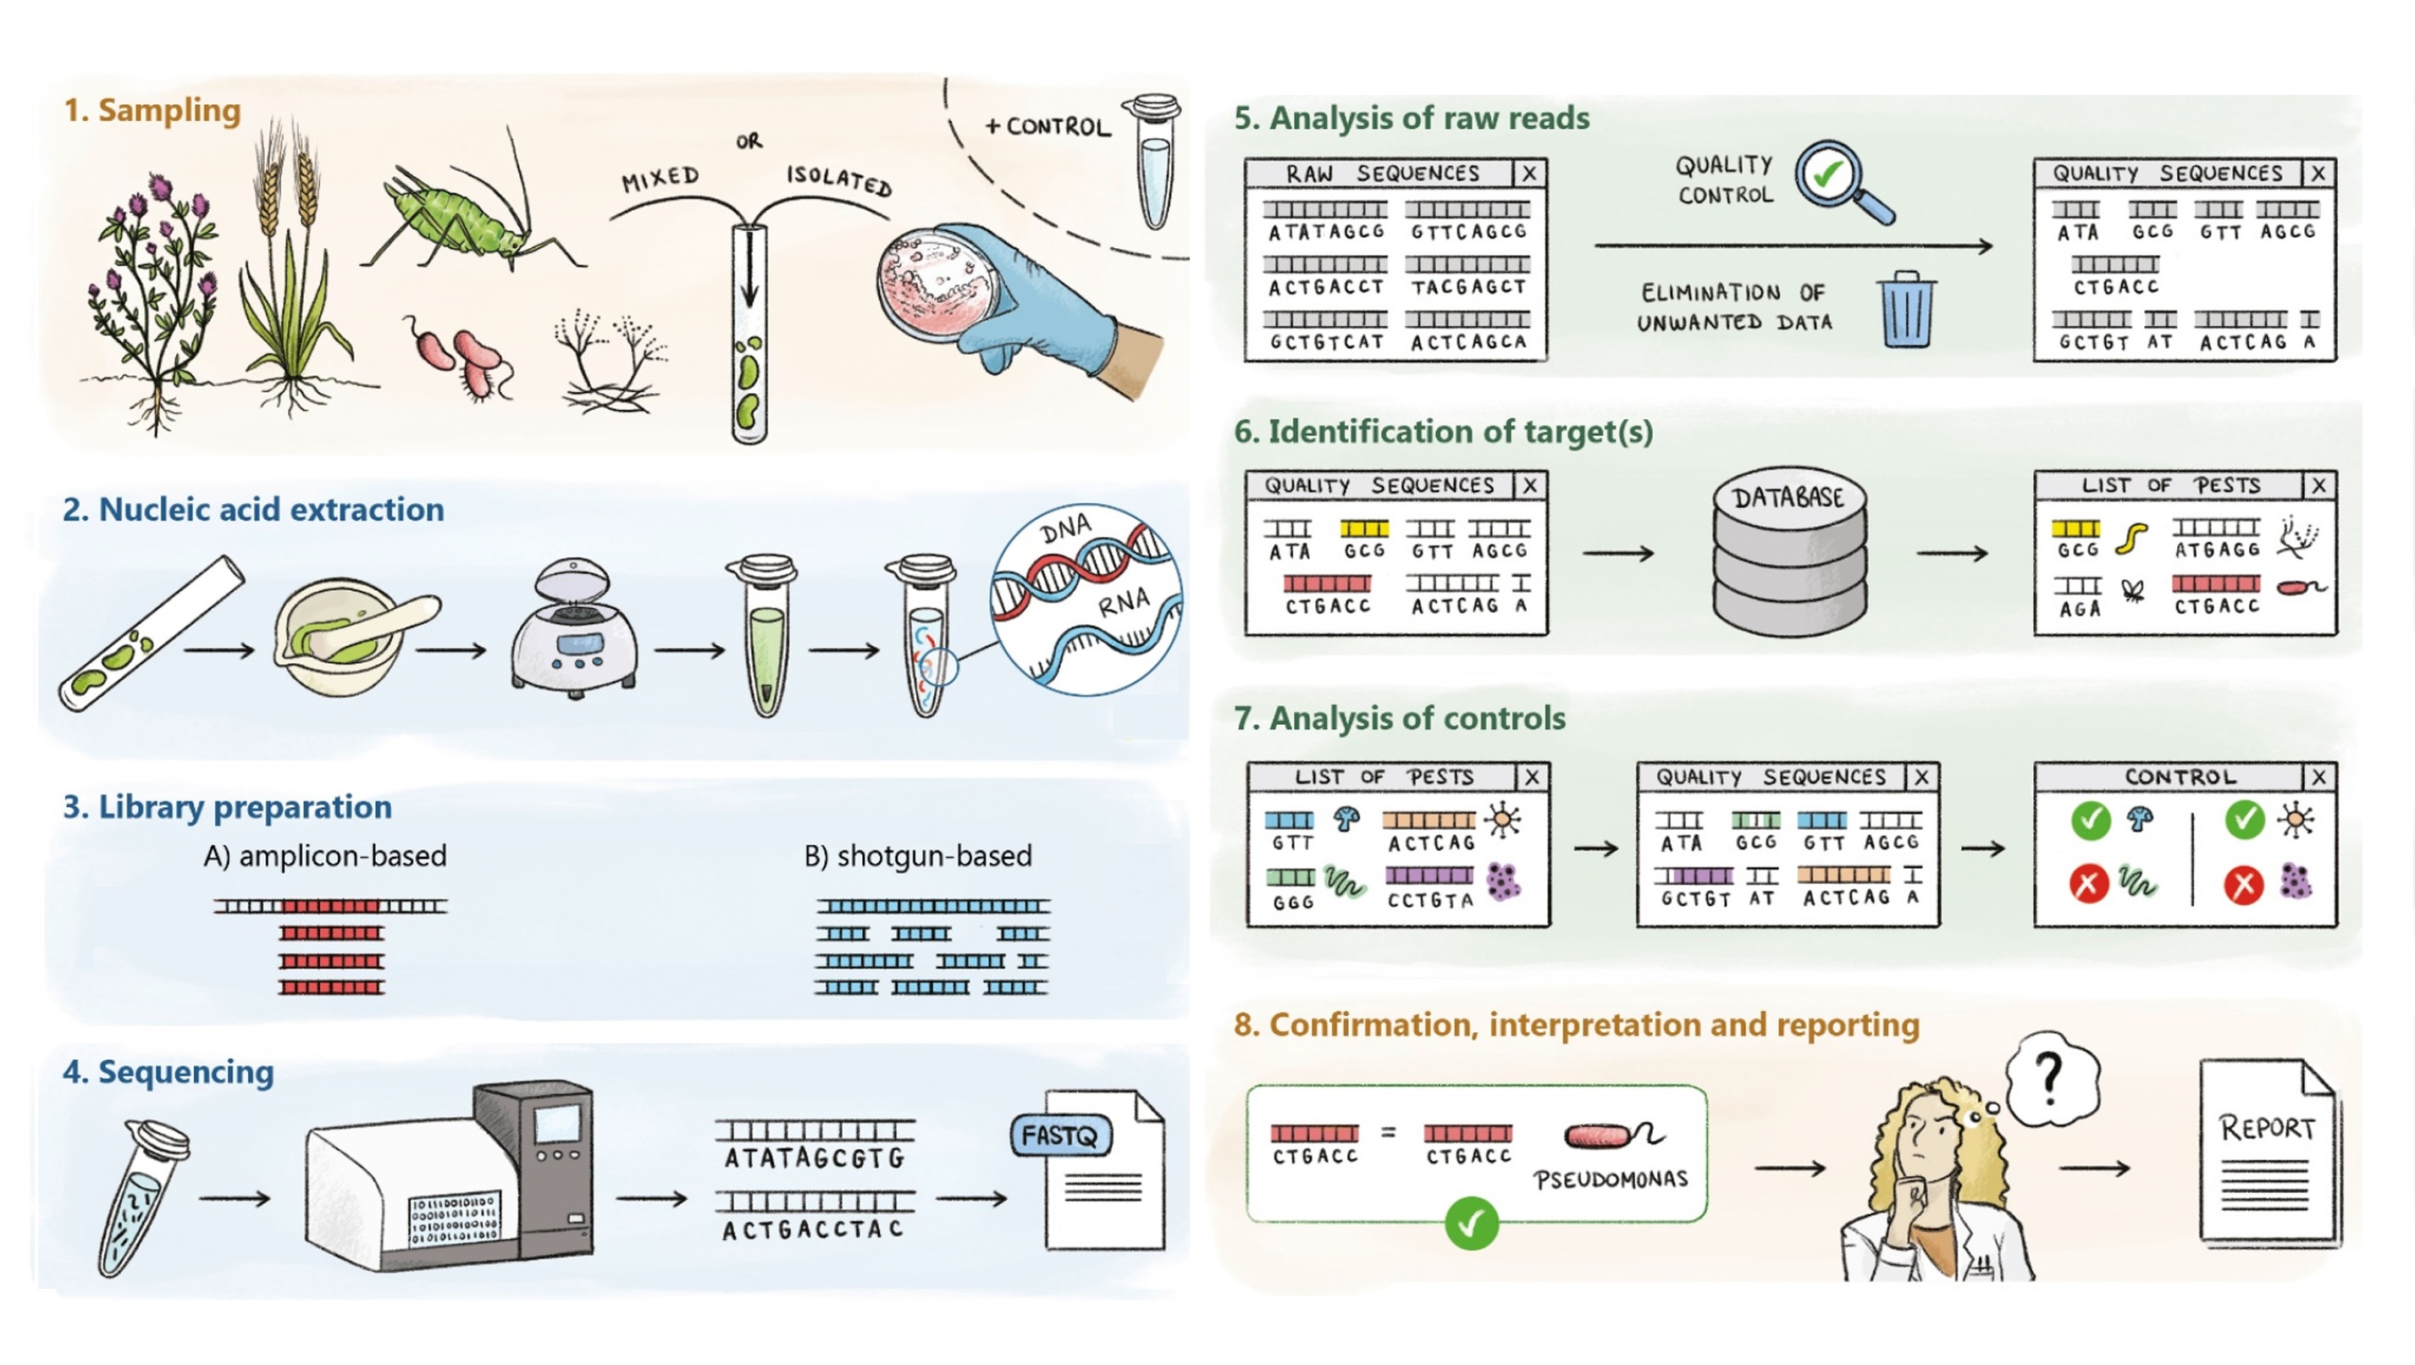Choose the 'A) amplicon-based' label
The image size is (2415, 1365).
click(325, 856)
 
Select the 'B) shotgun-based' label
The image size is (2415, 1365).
click(918, 856)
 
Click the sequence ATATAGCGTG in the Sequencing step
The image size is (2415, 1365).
click(814, 1158)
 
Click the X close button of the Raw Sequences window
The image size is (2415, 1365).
click(1529, 174)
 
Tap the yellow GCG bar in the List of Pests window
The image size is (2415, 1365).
click(2075, 530)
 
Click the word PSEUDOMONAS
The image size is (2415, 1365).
click(1611, 1180)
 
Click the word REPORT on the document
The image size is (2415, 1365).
click(2267, 1128)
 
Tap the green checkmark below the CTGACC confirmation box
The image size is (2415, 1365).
click(1471, 1224)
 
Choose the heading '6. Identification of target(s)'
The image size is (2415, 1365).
click(1443, 432)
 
